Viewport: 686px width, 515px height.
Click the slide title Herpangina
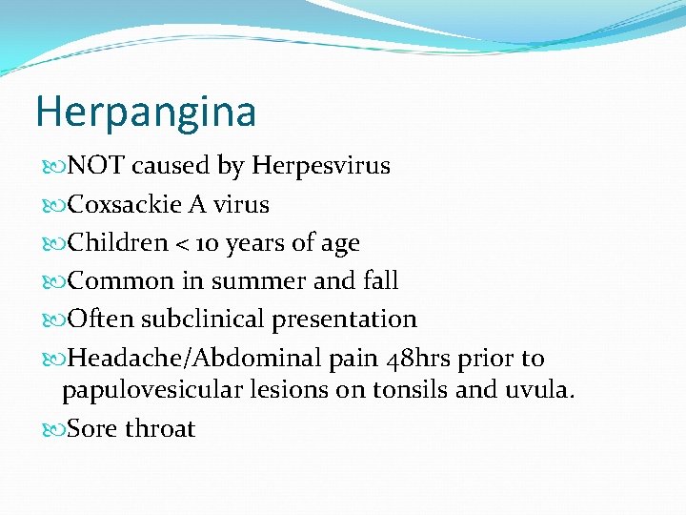point(146,113)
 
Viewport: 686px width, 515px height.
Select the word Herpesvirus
point(321,166)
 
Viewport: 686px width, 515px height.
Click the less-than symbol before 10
point(185,244)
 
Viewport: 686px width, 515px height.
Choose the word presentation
point(345,319)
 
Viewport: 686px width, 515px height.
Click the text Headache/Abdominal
point(192,359)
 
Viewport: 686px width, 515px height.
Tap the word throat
point(160,429)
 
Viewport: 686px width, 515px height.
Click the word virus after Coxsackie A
point(241,205)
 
